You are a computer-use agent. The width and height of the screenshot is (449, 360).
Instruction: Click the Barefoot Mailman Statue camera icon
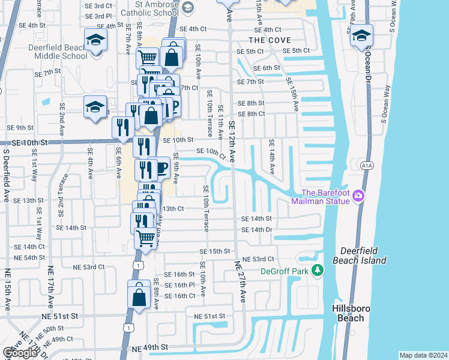pos(358,196)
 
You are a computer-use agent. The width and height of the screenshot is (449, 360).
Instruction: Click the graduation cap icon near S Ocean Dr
pos(361,35)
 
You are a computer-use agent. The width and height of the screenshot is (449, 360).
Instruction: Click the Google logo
pos(20,353)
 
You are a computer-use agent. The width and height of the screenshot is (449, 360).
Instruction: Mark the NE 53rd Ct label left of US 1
pos(88,267)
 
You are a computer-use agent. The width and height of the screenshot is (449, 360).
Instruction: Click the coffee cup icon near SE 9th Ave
pos(160,167)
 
